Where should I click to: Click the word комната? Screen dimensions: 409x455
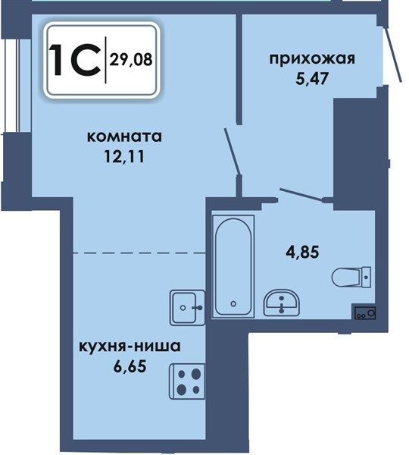click(124, 137)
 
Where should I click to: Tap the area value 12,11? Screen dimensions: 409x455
click(124, 157)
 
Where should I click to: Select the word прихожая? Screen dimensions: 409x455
click(312, 59)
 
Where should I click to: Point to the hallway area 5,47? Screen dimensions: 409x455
click(311, 78)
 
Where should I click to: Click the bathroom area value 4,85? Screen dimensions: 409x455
click(302, 252)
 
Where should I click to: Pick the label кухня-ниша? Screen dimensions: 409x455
click(130, 347)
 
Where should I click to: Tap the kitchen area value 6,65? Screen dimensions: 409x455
click(130, 367)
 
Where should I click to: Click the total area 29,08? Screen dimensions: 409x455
click(131, 60)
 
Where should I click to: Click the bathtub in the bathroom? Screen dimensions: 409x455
click(233, 266)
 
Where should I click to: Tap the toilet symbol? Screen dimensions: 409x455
click(351, 277)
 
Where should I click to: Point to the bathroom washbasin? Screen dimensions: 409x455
click(282, 303)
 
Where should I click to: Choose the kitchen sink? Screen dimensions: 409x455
click(187, 307)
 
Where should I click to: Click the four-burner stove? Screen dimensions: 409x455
click(187, 381)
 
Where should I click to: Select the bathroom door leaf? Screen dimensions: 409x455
click(301, 194)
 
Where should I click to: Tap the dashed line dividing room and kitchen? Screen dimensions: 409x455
click(139, 253)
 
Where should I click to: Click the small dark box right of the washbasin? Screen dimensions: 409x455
click(365, 312)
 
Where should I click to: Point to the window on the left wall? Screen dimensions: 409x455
click(11, 86)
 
